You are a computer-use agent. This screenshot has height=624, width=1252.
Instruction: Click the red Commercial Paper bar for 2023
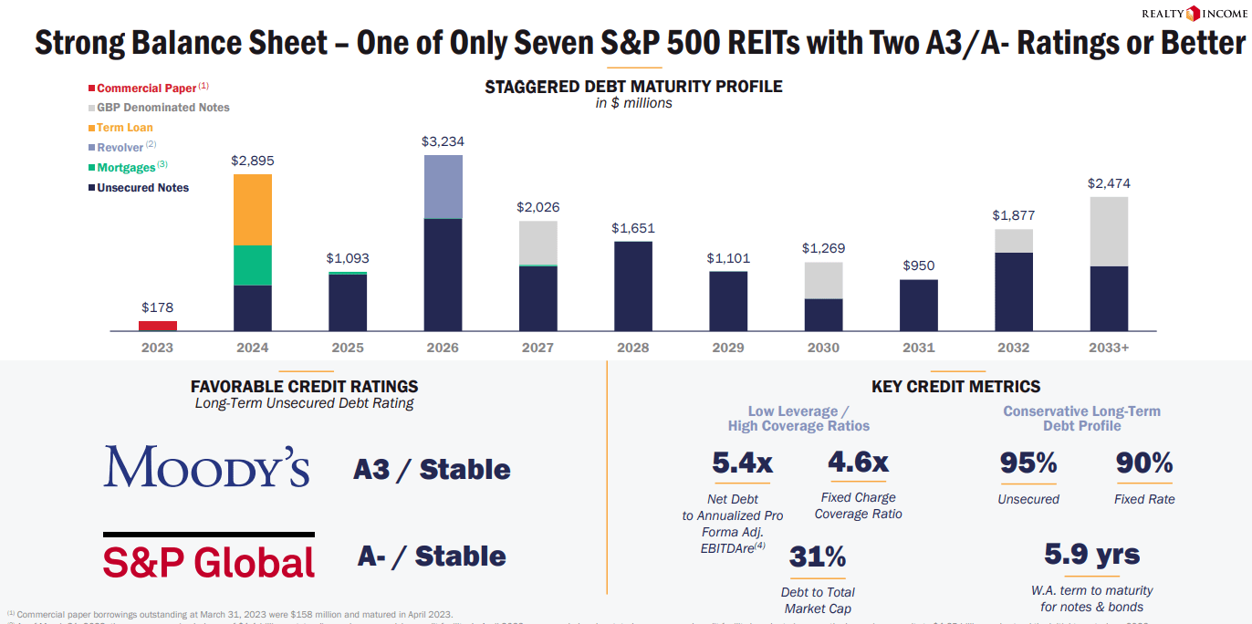click(157, 326)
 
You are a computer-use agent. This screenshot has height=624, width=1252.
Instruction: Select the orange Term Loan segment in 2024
click(253, 210)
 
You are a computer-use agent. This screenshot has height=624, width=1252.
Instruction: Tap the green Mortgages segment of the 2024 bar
click(253, 265)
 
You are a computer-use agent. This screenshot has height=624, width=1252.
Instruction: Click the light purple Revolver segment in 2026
click(443, 187)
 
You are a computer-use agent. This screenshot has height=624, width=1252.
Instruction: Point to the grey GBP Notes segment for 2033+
click(1109, 232)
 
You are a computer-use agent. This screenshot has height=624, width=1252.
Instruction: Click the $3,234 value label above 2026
click(443, 141)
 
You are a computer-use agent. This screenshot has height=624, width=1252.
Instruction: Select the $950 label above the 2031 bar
click(919, 265)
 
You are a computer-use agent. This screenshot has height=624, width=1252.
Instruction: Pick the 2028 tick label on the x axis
click(633, 348)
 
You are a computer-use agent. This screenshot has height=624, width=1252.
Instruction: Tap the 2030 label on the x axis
click(824, 348)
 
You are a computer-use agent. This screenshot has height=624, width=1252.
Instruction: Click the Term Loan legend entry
click(124, 128)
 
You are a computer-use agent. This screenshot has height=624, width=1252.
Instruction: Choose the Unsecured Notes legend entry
click(142, 188)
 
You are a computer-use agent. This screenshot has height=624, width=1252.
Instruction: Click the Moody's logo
click(207, 466)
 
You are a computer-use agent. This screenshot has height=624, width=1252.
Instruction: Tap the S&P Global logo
click(209, 559)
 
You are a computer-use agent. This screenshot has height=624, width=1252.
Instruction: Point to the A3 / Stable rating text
click(432, 470)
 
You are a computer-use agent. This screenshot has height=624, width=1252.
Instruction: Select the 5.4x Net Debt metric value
click(742, 463)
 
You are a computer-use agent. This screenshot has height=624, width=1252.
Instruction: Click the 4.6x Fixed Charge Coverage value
click(857, 463)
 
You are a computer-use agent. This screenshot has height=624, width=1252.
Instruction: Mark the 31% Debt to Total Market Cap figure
click(818, 556)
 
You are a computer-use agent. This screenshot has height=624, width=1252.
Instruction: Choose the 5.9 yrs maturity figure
click(1091, 554)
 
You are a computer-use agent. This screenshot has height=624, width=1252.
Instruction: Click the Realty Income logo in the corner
click(1193, 13)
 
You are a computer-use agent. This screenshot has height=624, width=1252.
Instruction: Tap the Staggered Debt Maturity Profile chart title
click(633, 87)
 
